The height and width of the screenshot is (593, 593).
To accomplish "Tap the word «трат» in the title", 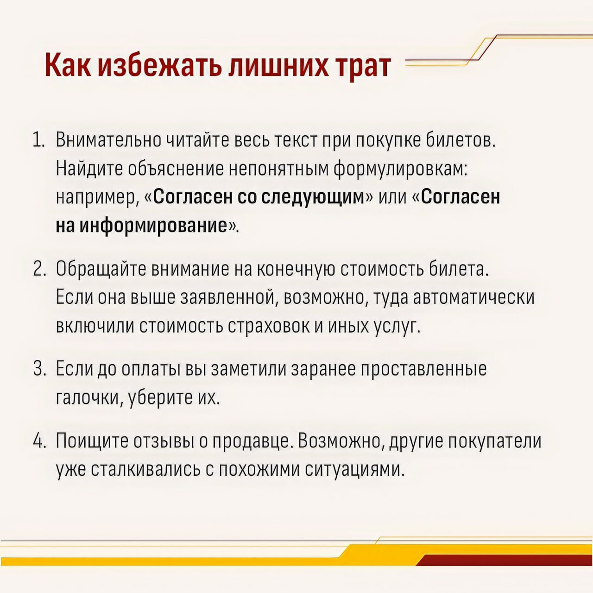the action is point(364,68).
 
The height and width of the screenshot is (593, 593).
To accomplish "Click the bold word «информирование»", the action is point(153,226).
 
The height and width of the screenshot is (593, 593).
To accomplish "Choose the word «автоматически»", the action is point(473,298).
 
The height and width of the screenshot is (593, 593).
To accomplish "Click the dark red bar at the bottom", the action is point(504,561).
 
